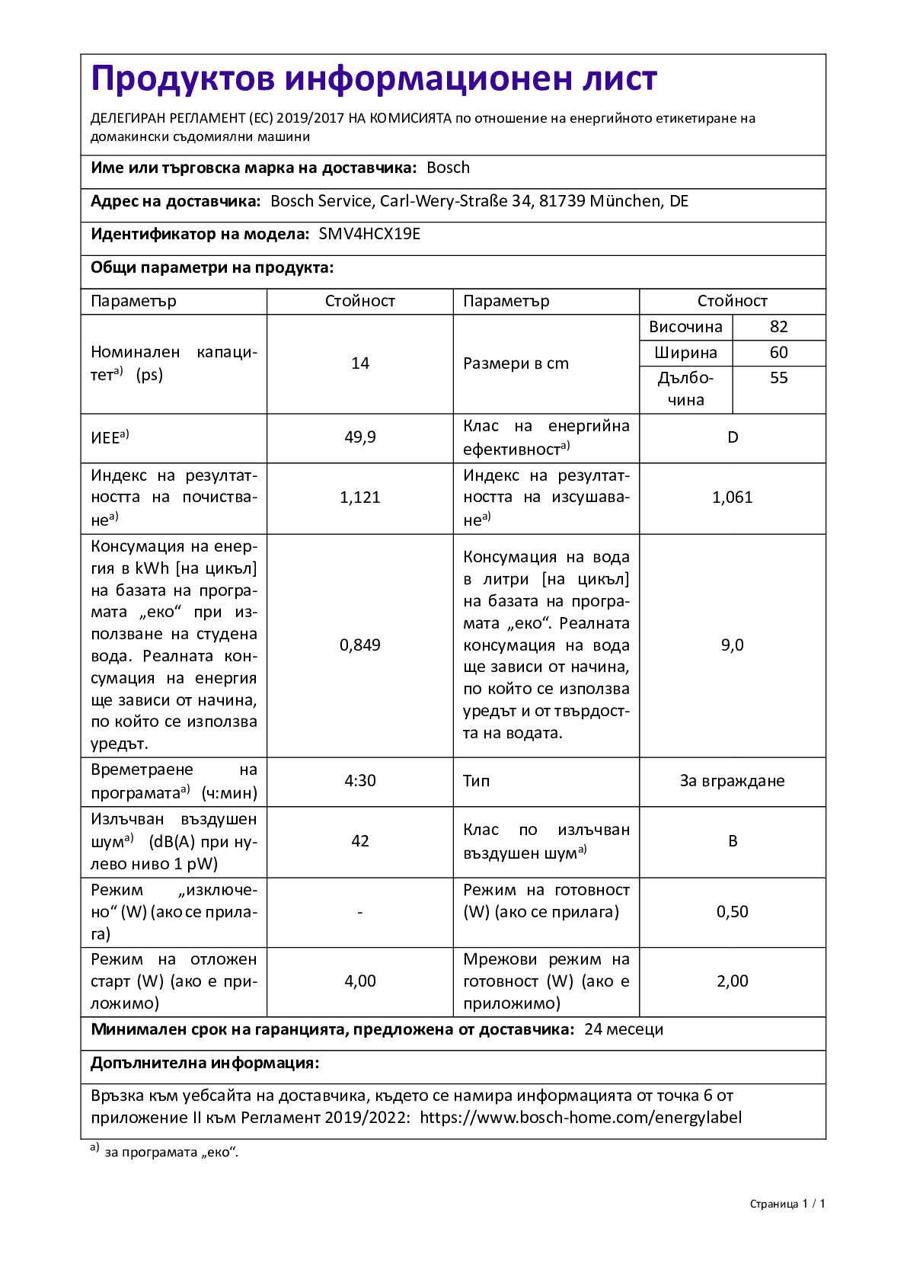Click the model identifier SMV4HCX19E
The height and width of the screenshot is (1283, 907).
pyautogui.click(x=369, y=234)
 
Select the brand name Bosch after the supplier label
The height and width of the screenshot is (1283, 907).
pyautogui.click(x=448, y=168)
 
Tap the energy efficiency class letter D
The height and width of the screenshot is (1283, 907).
pyautogui.click(x=733, y=437)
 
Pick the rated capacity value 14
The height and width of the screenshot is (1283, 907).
pyautogui.click(x=360, y=363)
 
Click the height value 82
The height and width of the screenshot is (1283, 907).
pyautogui.click(x=778, y=327)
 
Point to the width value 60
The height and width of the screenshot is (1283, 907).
pyautogui.click(x=778, y=353)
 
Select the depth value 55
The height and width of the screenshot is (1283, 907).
pyautogui.click(x=778, y=378)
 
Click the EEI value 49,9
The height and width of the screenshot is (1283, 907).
pyautogui.click(x=360, y=437)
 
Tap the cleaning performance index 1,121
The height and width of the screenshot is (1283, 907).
pyautogui.click(x=360, y=498)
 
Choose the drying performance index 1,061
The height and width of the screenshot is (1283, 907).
pyautogui.click(x=733, y=498)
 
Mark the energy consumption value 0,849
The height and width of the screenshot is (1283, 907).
pyautogui.click(x=360, y=645)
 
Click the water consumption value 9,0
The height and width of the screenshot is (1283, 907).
pyautogui.click(x=733, y=645)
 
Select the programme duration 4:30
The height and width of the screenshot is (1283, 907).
pyautogui.click(x=360, y=781)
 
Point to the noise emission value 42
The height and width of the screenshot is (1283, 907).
pyautogui.click(x=360, y=841)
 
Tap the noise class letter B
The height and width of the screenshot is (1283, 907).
pyautogui.click(x=733, y=841)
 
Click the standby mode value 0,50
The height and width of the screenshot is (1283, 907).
pyautogui.click(x=733, y=912)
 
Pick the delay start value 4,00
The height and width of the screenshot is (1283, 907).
pyautogui.click(x=360, y=981)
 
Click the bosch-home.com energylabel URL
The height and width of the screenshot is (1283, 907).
pyautogui.click(x=580, y=1118)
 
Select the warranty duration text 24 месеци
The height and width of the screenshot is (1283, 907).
pyautogui.click(x=624, y=1029)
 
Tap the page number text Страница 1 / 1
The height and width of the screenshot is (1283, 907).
pyautogui.click(x=787, y=1204)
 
